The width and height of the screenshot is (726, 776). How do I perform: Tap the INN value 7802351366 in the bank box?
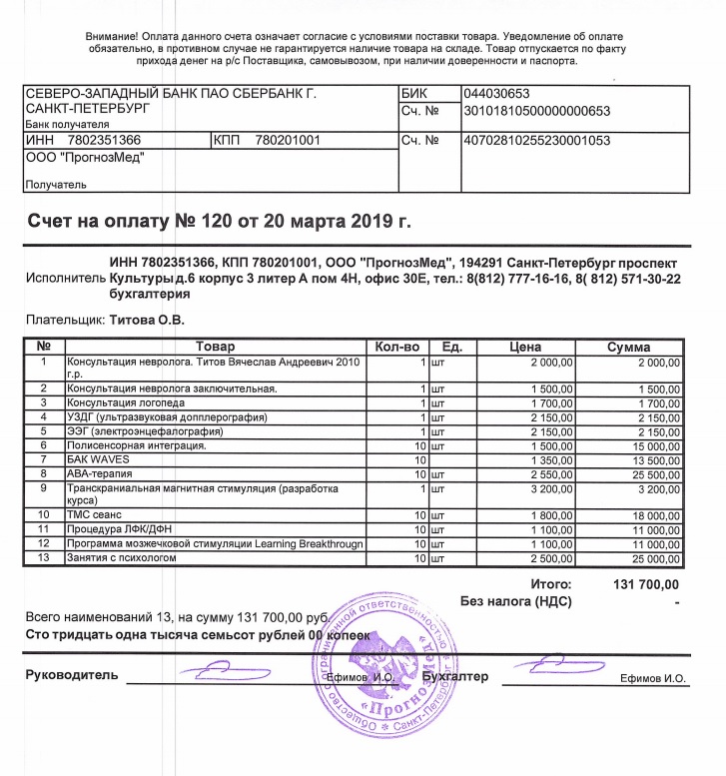[104, 142]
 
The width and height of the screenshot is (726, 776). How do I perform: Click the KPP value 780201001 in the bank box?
[287, 142]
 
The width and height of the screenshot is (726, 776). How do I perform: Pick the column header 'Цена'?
[525, 347]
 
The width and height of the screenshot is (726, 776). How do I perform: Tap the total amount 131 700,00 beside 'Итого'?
[644, 583]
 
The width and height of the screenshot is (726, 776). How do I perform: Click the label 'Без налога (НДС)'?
[515, 601]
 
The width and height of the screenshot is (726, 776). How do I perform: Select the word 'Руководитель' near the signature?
[72, 676]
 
